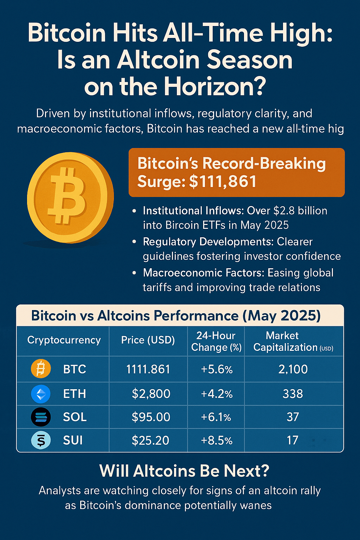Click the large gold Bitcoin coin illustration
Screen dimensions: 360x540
70,198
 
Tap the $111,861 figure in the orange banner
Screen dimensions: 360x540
223,181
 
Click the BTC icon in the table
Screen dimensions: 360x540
41,369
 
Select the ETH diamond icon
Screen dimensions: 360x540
41,394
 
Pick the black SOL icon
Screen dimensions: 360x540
41,417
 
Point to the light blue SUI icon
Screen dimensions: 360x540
41,440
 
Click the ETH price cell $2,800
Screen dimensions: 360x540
151,394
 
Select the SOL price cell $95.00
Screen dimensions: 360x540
151,417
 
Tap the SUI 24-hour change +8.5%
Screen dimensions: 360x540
217,441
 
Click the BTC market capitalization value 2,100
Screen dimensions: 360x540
293,369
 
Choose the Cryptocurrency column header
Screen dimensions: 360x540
64,340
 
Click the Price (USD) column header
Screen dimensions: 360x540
148,340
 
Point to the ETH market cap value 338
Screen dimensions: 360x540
293,394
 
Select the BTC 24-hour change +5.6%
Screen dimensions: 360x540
217,369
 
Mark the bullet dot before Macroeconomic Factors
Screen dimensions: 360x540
135,273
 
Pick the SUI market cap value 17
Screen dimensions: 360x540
292,441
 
